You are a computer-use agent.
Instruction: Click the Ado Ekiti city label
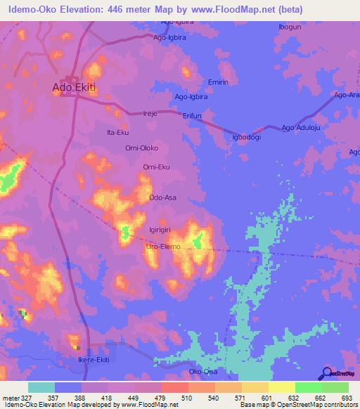[x=74, y=88]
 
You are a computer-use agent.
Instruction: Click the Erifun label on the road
[x=192, y=115]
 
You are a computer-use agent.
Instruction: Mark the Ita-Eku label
[x=117, y=132]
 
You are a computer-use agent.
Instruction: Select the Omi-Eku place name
[x=157, y=167]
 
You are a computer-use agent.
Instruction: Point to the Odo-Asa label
[x=162, y=198]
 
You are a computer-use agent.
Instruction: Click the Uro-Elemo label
[x=162, y=247]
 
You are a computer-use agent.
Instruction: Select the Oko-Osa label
[x=203, y=371]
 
